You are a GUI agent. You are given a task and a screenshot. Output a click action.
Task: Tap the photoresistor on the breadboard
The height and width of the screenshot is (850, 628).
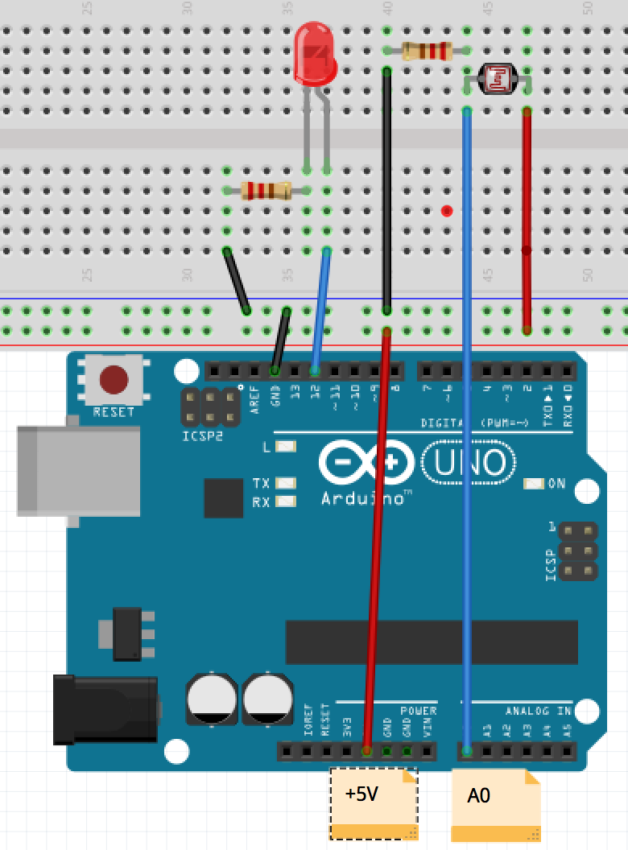pos(497,78)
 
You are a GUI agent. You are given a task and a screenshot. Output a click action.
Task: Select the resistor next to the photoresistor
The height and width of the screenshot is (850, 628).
pos(427,51)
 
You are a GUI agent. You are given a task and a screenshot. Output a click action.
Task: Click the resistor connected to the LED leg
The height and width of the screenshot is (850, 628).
pos(266,191)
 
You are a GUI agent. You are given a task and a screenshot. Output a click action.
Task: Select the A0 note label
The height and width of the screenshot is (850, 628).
pos(495,804)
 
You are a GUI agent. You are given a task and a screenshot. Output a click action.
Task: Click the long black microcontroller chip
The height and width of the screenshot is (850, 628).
pos(432,642)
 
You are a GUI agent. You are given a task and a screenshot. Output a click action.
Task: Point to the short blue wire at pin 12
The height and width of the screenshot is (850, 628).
pos(320,310)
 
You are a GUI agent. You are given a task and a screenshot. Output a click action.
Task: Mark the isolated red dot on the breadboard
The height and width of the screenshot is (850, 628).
pos(447,211)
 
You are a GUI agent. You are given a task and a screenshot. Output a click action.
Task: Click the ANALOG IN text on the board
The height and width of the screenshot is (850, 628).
pos(538,712)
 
